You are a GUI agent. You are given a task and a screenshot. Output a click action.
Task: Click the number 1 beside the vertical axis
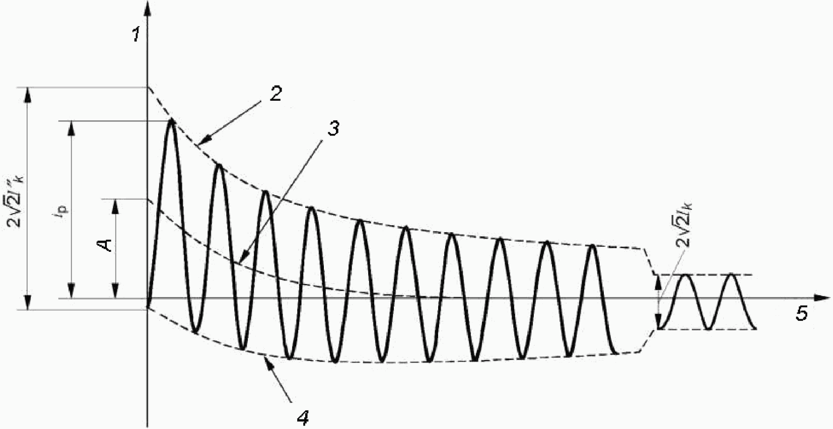(135, 35)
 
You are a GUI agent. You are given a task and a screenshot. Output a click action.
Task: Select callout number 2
(275, 94)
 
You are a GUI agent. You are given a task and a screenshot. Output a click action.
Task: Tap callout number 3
(333, 128)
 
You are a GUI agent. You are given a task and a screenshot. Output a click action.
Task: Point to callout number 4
(302, 417)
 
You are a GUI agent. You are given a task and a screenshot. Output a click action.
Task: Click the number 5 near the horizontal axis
(801, 314)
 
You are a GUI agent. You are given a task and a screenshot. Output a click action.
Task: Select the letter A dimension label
(105, 245)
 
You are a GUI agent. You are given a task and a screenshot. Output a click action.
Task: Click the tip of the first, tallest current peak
(172, 121)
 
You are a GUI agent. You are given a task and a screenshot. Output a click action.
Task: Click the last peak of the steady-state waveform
(732, 275)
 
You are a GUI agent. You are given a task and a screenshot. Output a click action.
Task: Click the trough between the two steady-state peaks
(709, 328)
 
